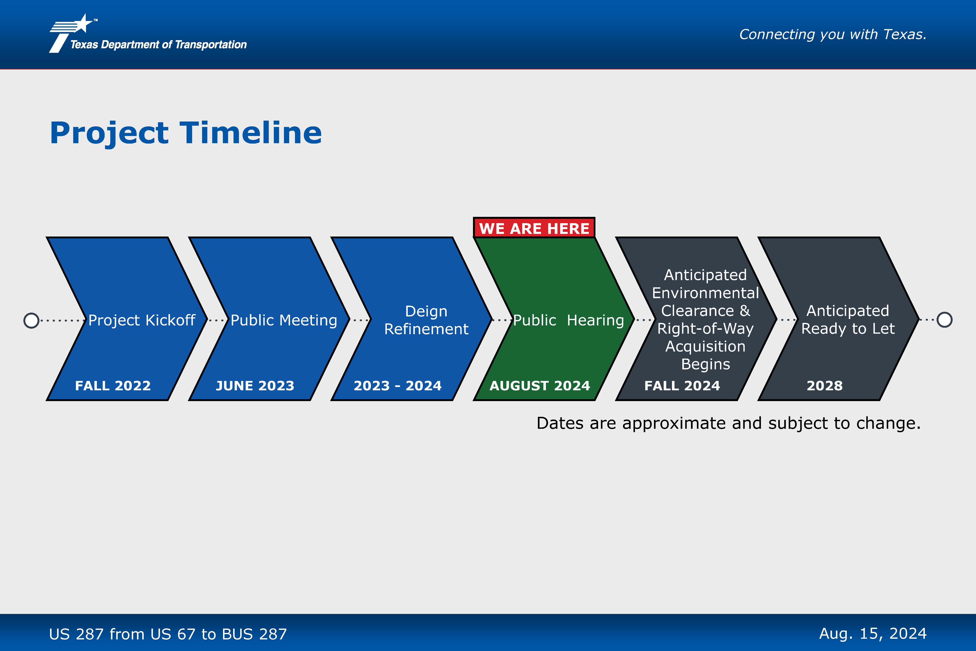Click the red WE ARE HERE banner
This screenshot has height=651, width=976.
coord(534,227)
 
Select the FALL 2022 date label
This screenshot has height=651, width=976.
coord(113,386)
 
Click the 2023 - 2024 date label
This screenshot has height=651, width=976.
coord(397,386)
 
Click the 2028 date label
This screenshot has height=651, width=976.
coord(825,386)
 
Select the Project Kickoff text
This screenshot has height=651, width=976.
coord(142,320)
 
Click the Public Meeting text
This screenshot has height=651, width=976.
coord(284,320)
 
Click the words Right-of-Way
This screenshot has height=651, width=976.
coord(705,328)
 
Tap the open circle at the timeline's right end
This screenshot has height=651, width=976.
coord(945,320)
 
